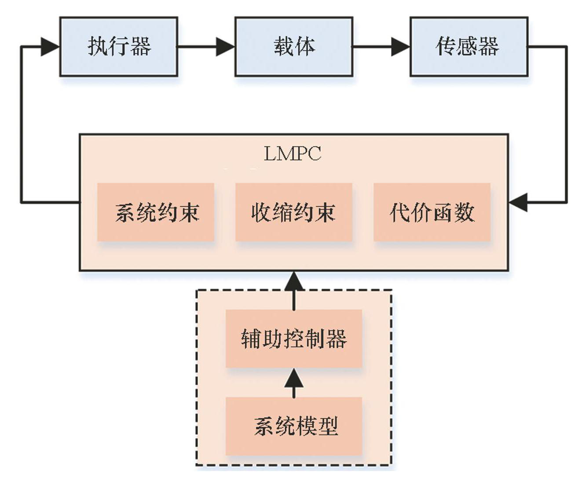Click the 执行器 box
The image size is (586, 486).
[x=119, y=47]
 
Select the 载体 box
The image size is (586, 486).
[x=294, y=47]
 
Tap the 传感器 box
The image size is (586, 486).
[x=469, y=47]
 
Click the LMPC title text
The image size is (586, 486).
[x=293, y=153]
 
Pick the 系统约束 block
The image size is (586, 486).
[x=156, y=212]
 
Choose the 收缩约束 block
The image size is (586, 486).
[x=293, y=212]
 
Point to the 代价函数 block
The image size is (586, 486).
[x=432, y=212]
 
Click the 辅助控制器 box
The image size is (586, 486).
[x=293, y=339]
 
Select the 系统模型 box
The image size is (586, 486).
[x=293, y=426]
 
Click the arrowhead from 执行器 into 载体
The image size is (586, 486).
[x=225, y=47]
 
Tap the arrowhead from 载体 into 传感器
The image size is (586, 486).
[x=400, y=47]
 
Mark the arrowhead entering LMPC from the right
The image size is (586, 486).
[x=518, y=202]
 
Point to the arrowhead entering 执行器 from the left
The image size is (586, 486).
[x=50, y=47]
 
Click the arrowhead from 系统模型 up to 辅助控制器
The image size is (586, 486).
[x=294, y=378]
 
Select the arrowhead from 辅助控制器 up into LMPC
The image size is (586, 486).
[x=294, y=281]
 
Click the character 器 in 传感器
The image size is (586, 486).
[x=489, y=47]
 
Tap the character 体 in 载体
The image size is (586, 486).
[x=305, y=47]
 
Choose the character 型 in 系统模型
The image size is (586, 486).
[x=328, y=426]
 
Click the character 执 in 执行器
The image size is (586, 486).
[x=98, y=47]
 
